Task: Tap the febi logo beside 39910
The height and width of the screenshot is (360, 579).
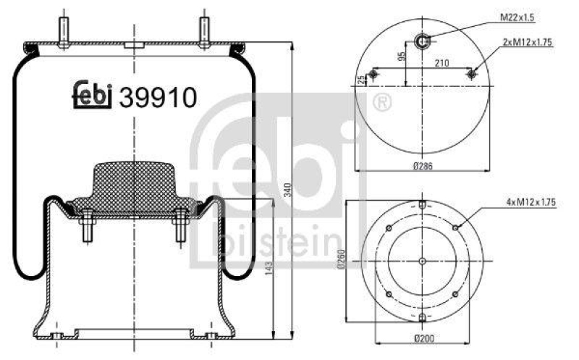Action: [x=93, y=96]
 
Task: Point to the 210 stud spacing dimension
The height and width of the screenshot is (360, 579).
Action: [x=442, y=63]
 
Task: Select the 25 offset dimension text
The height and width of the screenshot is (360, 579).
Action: [x=362, y=79]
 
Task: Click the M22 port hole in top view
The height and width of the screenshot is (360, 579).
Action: [x=422, y=41]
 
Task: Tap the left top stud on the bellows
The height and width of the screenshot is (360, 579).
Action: [x=64, y=32]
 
